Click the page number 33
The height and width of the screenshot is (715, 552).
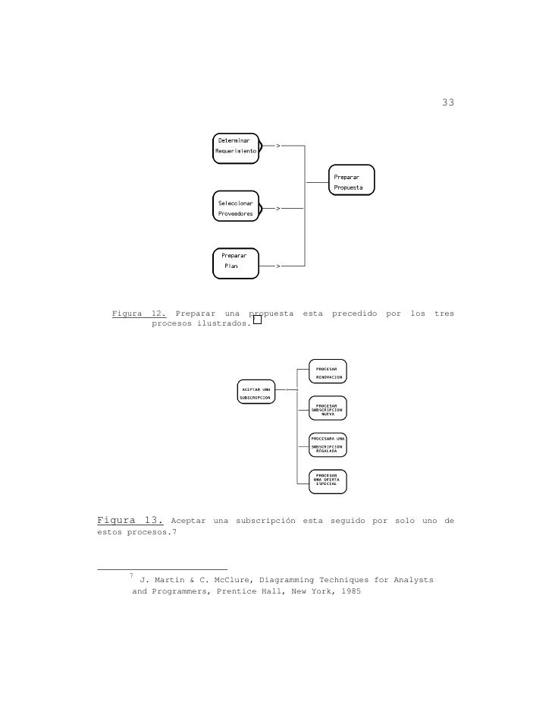(447, 102)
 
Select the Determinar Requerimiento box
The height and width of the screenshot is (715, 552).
(235, 146)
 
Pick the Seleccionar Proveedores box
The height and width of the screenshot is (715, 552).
(235, 209)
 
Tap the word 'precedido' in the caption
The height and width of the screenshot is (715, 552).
(354, 313)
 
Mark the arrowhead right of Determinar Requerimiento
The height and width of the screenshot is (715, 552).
(278, 145)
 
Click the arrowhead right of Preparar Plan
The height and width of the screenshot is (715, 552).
(278, 266)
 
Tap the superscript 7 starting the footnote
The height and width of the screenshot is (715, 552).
(132, 576)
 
